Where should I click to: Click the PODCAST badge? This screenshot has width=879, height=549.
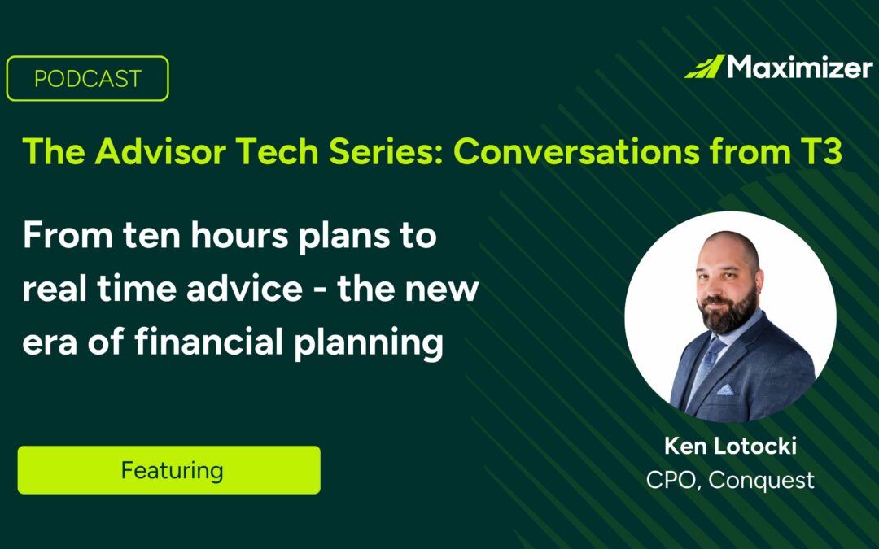(x=87, y=79)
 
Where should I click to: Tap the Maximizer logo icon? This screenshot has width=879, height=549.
(x=704, y=67)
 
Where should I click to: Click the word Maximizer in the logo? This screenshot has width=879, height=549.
(x=799, y=67)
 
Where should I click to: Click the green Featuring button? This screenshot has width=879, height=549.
(x=169, y=470)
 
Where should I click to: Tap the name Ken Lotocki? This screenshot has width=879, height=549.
(x=730, y=447)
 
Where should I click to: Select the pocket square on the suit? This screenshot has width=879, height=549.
(x=747, y=390)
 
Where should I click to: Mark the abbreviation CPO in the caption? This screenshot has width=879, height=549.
(x=672, y=480)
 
